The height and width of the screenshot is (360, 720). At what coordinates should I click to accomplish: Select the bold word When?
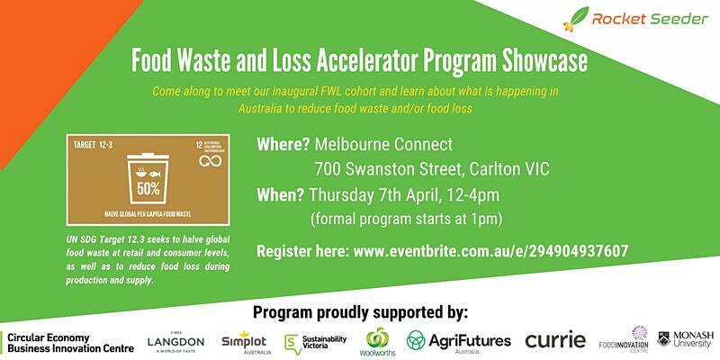(x=281, y=195)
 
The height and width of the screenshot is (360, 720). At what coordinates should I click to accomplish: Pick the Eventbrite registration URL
(x=491, y=251)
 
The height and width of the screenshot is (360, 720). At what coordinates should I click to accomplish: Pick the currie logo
(x=554, y=340)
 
